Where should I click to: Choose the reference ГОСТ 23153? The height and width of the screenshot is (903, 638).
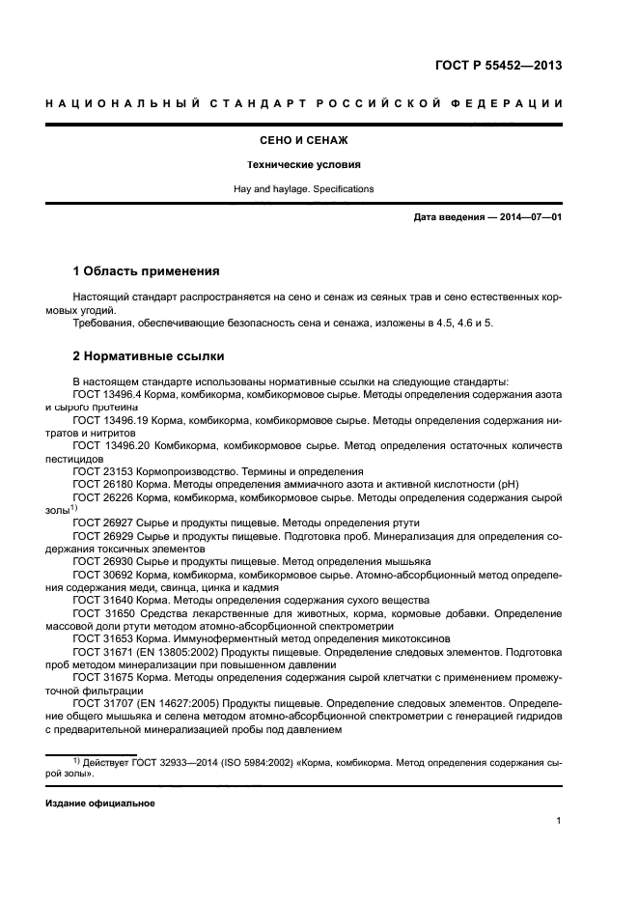[105, 471]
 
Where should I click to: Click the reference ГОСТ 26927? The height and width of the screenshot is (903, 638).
[105, 522]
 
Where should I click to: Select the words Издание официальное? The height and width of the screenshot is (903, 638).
[100, 803]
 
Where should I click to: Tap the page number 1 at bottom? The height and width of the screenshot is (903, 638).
[559, 822]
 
